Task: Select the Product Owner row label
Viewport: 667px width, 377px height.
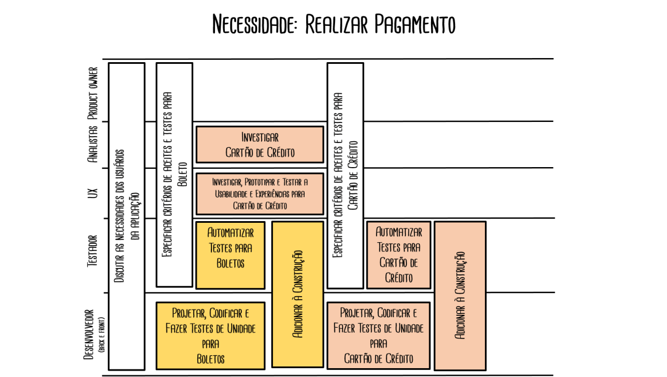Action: coord(93,93)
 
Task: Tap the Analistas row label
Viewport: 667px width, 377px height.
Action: coord(92,144)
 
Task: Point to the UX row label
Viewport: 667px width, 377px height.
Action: coord(93,193)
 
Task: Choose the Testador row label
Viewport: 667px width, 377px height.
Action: coord(93,252)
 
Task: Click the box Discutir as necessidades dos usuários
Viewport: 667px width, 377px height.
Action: coord(126,216)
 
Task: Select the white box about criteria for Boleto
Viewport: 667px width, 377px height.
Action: coord(174,175)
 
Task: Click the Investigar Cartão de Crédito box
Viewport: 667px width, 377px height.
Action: coord(259,145)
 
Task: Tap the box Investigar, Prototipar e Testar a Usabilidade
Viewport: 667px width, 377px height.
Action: coord(259,193)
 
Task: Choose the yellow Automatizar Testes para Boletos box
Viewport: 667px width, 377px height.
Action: coord(230,255)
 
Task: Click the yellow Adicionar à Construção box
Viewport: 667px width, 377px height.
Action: coord(297,294)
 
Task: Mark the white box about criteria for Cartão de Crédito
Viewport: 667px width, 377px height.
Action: coord(345,175)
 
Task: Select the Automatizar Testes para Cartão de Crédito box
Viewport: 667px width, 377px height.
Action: coord(398,255)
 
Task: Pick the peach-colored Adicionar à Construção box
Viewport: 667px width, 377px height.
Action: coord(460,296)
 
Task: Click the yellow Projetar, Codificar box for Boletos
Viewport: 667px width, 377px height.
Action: coord(210,335)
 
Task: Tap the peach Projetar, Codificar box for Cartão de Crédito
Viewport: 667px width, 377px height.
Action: coord(378,335)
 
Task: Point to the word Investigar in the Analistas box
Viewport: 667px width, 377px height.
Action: coord(260,138)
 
